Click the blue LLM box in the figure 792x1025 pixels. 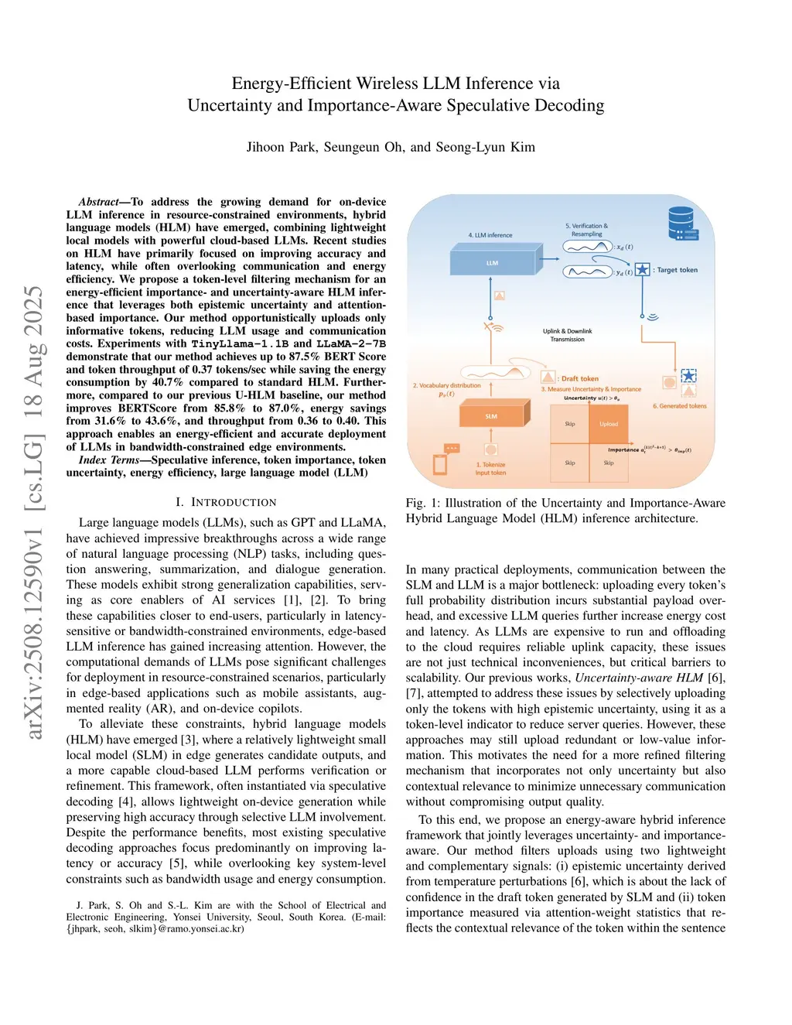click(x=492, y=263)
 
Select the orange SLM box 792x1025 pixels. click(x=491, y=416)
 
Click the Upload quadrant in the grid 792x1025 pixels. click(x=609, y=424)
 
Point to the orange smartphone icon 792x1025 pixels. click(x=440, y=464)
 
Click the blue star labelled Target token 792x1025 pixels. click(x=642, y=270)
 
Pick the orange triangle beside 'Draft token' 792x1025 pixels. click(x=548, y=378)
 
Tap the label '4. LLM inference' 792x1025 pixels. click(x=490, y=235)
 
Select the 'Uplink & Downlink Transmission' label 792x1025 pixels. click(x=567, y=335)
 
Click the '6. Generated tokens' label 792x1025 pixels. click(x=679, y=406)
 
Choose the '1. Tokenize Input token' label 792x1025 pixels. click(x=490, y=469)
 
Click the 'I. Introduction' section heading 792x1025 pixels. click(x=225, y=502)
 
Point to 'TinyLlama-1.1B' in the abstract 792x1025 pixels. click(x=240, y=343)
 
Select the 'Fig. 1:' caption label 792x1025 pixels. click(x=422, y=503)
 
